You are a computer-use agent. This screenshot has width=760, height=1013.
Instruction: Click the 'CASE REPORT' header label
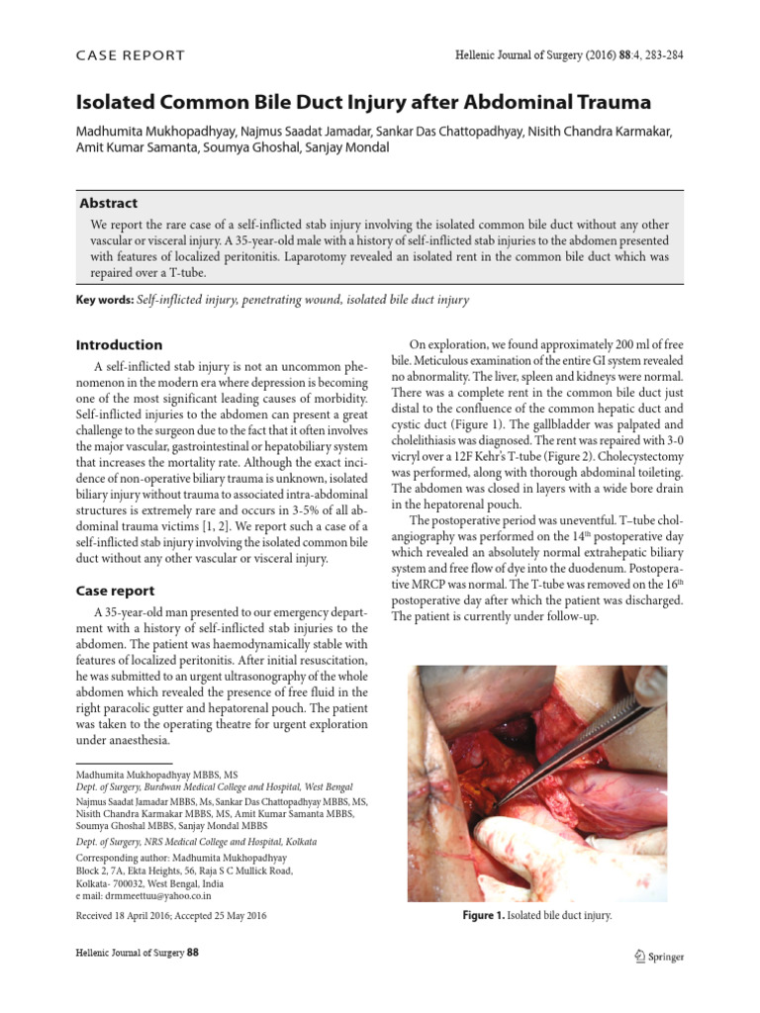(131, 56)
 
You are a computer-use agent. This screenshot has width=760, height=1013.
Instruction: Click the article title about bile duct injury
(364, 102)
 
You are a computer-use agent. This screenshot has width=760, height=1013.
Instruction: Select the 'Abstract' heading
(108, 203)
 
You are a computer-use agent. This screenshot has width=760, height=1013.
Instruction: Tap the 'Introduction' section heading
(120, 345)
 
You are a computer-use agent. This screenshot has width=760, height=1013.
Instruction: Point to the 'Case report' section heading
(116, 591)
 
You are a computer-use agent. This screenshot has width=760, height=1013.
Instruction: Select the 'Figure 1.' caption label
(483, 915)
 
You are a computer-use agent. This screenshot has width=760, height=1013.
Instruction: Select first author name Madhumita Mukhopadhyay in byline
(159, 130)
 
